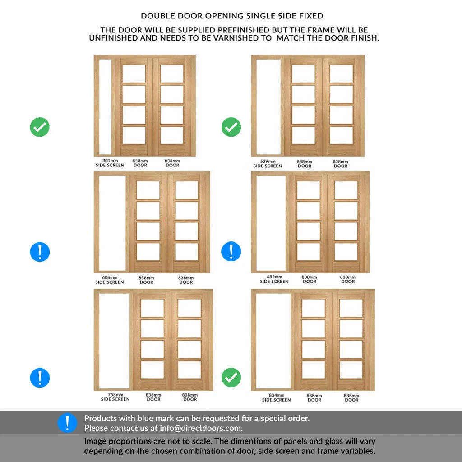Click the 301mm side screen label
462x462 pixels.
(110, 163)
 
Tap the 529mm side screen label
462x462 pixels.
(268, 163)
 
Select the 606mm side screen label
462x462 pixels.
(110, 280)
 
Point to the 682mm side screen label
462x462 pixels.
(274, 279)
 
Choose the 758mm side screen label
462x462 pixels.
(115, 397)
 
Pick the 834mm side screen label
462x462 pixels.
(277, 397)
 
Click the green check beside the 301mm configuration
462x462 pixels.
(40, 127)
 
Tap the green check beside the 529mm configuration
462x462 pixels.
(231, 127)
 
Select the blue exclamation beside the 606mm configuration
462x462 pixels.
(40, 252)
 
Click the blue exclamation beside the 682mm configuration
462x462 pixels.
(231, 251)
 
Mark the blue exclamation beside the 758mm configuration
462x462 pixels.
(40, 378)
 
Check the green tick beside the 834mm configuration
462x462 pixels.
(231, 378)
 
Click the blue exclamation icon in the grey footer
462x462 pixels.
(68, 423)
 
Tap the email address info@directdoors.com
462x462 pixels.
(200, 428)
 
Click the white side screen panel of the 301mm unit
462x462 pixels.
(105, 107)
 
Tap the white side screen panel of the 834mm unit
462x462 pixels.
(273, 341)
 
